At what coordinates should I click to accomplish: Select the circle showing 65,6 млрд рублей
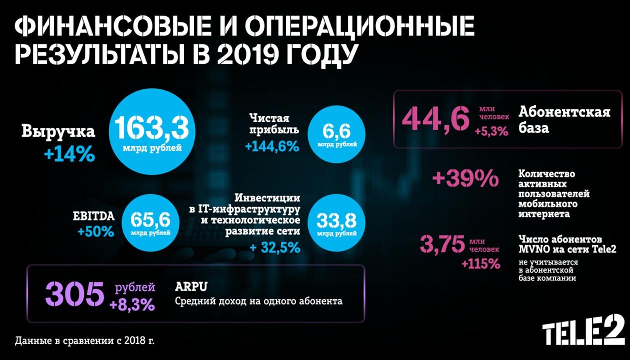(x=150, y=222)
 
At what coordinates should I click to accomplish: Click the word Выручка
(x=58, y=132)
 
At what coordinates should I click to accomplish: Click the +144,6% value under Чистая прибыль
(x=272, y=146)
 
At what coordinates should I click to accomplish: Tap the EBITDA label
(x=94, y=216)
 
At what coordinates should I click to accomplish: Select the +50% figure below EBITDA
(x=95, y=232)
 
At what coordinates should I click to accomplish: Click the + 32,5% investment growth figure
(x=275, y=247)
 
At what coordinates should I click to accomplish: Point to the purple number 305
(x=74, y=294)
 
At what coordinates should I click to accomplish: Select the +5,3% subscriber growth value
(x=491, y=131)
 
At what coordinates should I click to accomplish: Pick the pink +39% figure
(x=465, y=178)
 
